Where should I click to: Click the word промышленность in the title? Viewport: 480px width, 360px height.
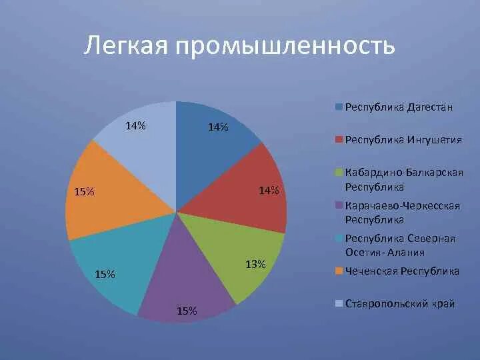[285, 47]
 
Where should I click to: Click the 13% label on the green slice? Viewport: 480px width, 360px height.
[256, 265]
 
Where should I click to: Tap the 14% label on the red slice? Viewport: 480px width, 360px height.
[269, 191]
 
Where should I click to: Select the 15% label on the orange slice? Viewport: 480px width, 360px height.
[84, 192]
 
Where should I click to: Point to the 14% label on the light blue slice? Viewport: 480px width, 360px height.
[135, 125]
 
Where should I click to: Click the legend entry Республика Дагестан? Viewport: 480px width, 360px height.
[398, 107]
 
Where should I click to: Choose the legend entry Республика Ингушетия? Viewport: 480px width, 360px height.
[402, 140]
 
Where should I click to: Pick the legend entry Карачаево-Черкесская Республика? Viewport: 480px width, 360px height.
[403, 212]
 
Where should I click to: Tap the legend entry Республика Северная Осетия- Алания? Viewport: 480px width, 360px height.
[399, 245]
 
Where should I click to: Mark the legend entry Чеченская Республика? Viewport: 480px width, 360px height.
[401, 271]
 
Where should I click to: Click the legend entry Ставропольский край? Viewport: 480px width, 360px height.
[399, 304]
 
